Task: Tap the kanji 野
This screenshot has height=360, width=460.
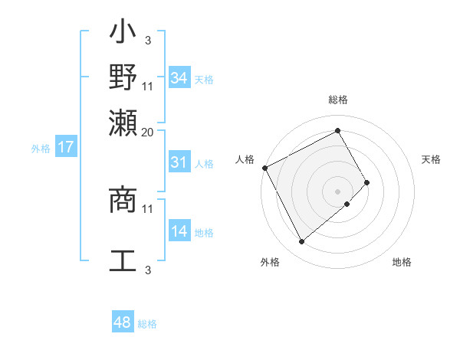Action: tap(123, 80)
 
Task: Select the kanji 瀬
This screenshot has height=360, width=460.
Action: tap(123, 123)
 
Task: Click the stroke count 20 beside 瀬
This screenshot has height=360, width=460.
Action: tap(148, 132)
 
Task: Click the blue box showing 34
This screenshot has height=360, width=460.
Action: tap(179, 78)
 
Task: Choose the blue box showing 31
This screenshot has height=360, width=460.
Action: tap(179, 162)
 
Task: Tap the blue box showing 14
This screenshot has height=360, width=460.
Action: tap(179, 232)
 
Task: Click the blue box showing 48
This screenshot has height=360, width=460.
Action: tap(122, 322)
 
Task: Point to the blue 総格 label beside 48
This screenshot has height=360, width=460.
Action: tap(147, 324)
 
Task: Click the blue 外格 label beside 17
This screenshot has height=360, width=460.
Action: tap(41, 149)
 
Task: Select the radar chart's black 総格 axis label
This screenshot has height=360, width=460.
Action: tap(338, 100)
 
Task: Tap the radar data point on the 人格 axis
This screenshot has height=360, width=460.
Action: tap(264, 168)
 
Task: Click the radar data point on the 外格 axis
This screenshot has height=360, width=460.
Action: tap(301, 242)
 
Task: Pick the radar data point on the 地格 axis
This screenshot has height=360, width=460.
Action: tap(347, 204)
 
